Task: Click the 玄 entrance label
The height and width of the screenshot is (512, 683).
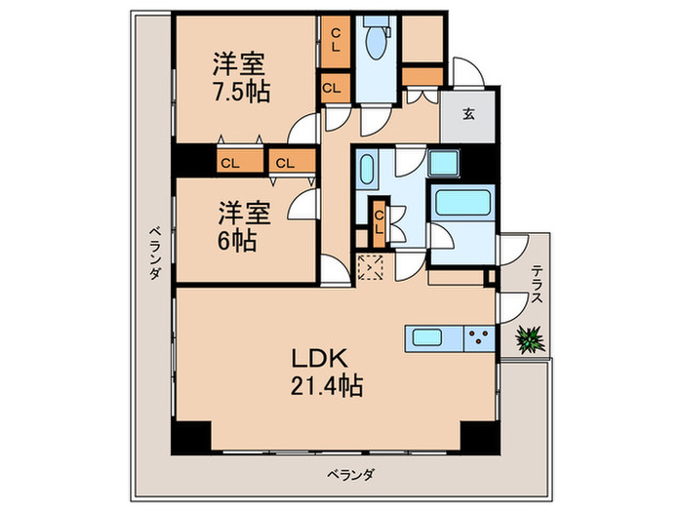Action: pos(468,114)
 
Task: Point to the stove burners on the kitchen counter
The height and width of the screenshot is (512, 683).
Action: pos(479,338)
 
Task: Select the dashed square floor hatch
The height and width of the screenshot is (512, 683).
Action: pos(372,267)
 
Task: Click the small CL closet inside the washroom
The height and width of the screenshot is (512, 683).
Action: pos(378,222)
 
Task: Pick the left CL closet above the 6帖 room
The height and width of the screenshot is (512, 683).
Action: pos(229,162)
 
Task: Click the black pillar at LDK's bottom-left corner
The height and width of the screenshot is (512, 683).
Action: pos(191,438)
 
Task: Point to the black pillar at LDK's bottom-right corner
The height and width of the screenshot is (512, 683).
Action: pos(479,438)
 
